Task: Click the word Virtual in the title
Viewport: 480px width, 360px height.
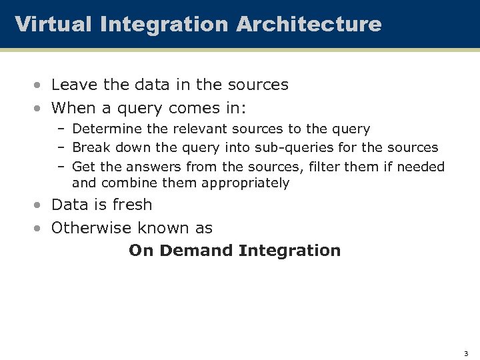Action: point(53,25)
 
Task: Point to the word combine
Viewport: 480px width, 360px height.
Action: point(128,183)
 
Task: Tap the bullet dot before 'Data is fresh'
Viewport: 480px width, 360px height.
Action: point(40,205)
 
